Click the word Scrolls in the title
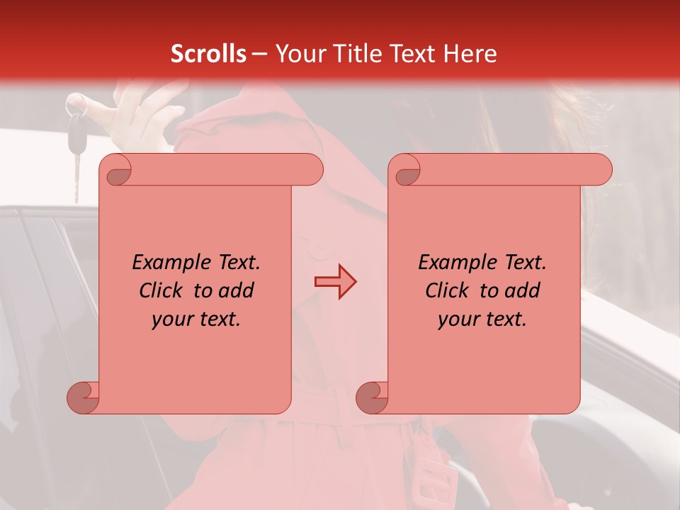pyautogui.click(x=208, y=54)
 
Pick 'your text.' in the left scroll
pyautogui.click(x=196, y=319)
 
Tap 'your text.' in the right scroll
pyautogui.click(x=482, y=319)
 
